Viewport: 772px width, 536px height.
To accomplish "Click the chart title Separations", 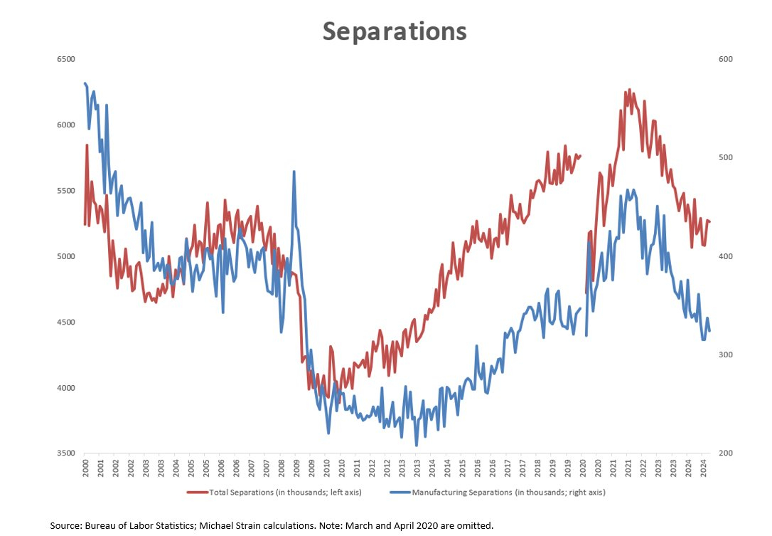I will [x=395, y=31].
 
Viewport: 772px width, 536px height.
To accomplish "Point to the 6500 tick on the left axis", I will [x=65, y=59].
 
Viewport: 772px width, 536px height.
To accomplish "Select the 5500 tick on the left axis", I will [x=65, y=191].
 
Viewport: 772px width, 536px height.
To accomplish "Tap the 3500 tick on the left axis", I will [x=65, y=453].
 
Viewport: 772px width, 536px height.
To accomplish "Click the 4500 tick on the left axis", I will [x=65, y=322].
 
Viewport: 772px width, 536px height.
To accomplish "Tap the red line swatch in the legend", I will [x=198, y=492].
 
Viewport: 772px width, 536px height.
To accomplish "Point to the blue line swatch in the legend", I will [x=401, y=492].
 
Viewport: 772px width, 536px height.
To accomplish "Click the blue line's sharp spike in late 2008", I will [x=294, y=172].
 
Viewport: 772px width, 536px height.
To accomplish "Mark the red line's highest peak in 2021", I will [x=629, y=90].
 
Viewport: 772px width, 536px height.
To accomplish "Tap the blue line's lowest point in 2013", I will [x=417, y=446].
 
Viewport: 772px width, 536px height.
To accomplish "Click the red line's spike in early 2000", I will [x=87, y=145].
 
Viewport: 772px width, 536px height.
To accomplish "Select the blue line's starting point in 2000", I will [x=85, y=83].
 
